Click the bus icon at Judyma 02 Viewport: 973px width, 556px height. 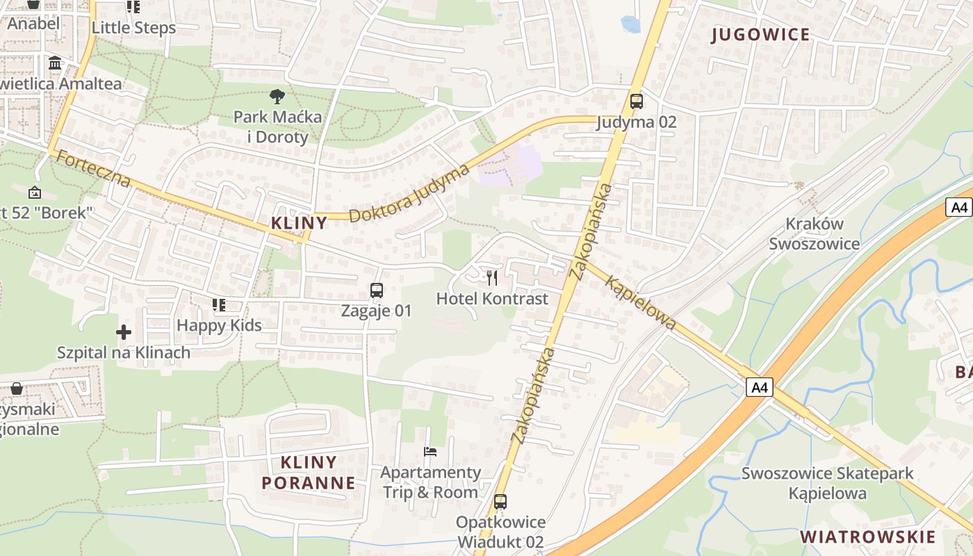coord(636,101)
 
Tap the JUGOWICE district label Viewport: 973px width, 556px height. coord(761,35)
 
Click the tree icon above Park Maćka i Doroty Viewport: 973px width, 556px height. coord(277,96)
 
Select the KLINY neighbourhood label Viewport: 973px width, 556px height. coord(299,223)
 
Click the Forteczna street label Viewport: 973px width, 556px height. coord(93,169)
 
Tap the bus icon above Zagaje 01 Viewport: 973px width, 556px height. coord(376,291)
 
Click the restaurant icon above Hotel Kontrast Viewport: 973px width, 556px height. coord(492,278)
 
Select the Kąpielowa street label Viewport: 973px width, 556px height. coord(640,302)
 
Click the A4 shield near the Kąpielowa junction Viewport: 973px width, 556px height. coord(760,387)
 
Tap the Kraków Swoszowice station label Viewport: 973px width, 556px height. coord(814,234)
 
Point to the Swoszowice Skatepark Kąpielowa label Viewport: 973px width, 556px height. coord(827,483)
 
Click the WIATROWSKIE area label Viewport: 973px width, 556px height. coord(867,537)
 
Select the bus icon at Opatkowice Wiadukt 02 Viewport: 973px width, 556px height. coord(500,501)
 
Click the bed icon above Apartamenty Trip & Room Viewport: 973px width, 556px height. coord(430,452)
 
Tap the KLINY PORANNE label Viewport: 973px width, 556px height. coord(308,472)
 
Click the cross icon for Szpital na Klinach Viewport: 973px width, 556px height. coord(124,332)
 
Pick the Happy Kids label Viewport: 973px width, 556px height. coord(219,325)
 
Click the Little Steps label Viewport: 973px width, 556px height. coord(133,28)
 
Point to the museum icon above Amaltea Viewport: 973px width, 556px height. coord(55,64)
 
